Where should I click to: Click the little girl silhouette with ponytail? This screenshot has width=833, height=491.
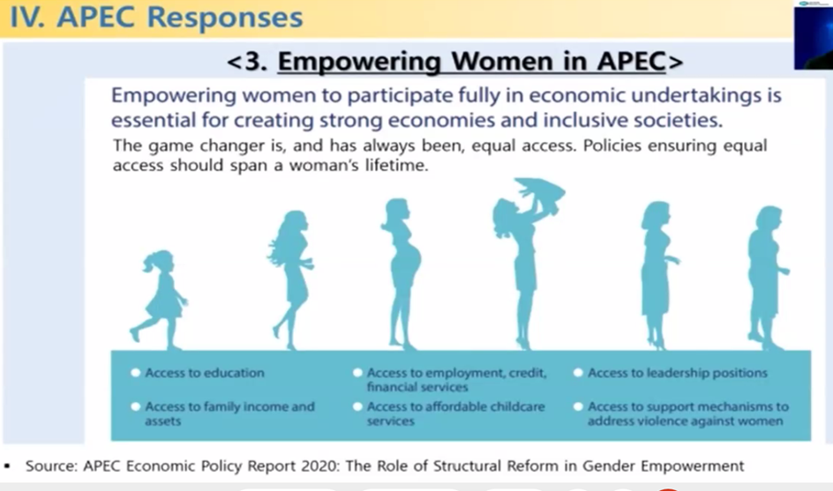click(162, 297)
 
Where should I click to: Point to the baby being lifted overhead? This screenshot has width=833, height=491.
click(538, 193)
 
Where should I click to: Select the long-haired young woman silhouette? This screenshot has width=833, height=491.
click(291, 279)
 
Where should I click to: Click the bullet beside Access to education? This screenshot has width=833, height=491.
click(136, 373)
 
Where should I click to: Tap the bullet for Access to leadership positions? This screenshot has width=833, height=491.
click(579, 373)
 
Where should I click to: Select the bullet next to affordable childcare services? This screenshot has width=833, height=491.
click(357, 406)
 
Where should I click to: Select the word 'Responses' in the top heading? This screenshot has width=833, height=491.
click(225, 17)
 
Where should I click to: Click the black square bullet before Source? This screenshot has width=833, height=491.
click(7, 466)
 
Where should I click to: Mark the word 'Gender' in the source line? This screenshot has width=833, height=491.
click(610, 466)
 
